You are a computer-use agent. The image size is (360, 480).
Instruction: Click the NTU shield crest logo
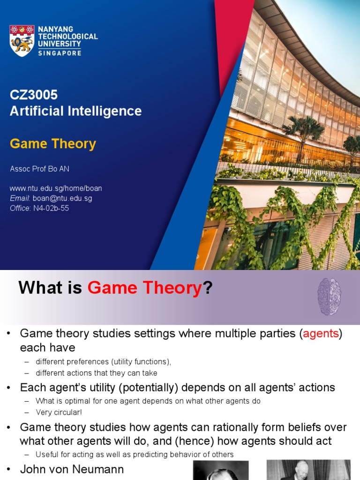(22, 40)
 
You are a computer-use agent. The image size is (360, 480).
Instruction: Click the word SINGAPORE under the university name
(60, 53)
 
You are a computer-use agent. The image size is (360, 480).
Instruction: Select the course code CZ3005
(34, 95)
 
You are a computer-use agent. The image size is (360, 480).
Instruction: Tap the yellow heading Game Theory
(53, 144)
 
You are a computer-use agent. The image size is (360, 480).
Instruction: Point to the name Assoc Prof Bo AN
(39, 169)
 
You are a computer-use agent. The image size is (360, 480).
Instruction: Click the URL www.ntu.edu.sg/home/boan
(56, 188)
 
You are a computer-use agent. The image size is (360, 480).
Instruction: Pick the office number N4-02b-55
(51, 208)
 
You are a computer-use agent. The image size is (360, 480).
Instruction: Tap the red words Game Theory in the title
(144, 288)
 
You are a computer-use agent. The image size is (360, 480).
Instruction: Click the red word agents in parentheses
(321, 334)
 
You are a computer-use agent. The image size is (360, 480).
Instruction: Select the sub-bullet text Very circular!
(59, 412)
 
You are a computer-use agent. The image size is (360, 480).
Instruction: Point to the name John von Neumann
(72, 469)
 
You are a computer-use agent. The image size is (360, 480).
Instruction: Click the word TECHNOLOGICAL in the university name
(67, 37)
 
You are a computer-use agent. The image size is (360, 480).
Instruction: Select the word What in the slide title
(40, 288)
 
